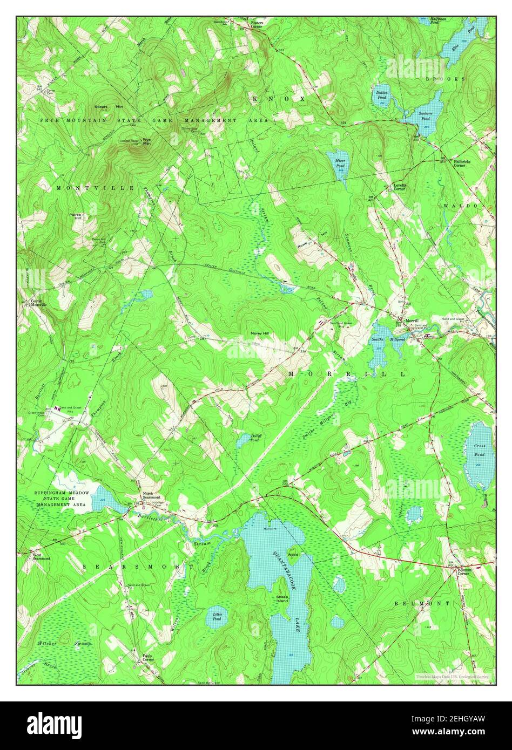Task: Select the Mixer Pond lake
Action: tap(339, 161)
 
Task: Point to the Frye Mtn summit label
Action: tap(146, 142)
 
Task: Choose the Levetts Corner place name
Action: tap(399, 187)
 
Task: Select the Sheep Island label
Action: tap(282, 599)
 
